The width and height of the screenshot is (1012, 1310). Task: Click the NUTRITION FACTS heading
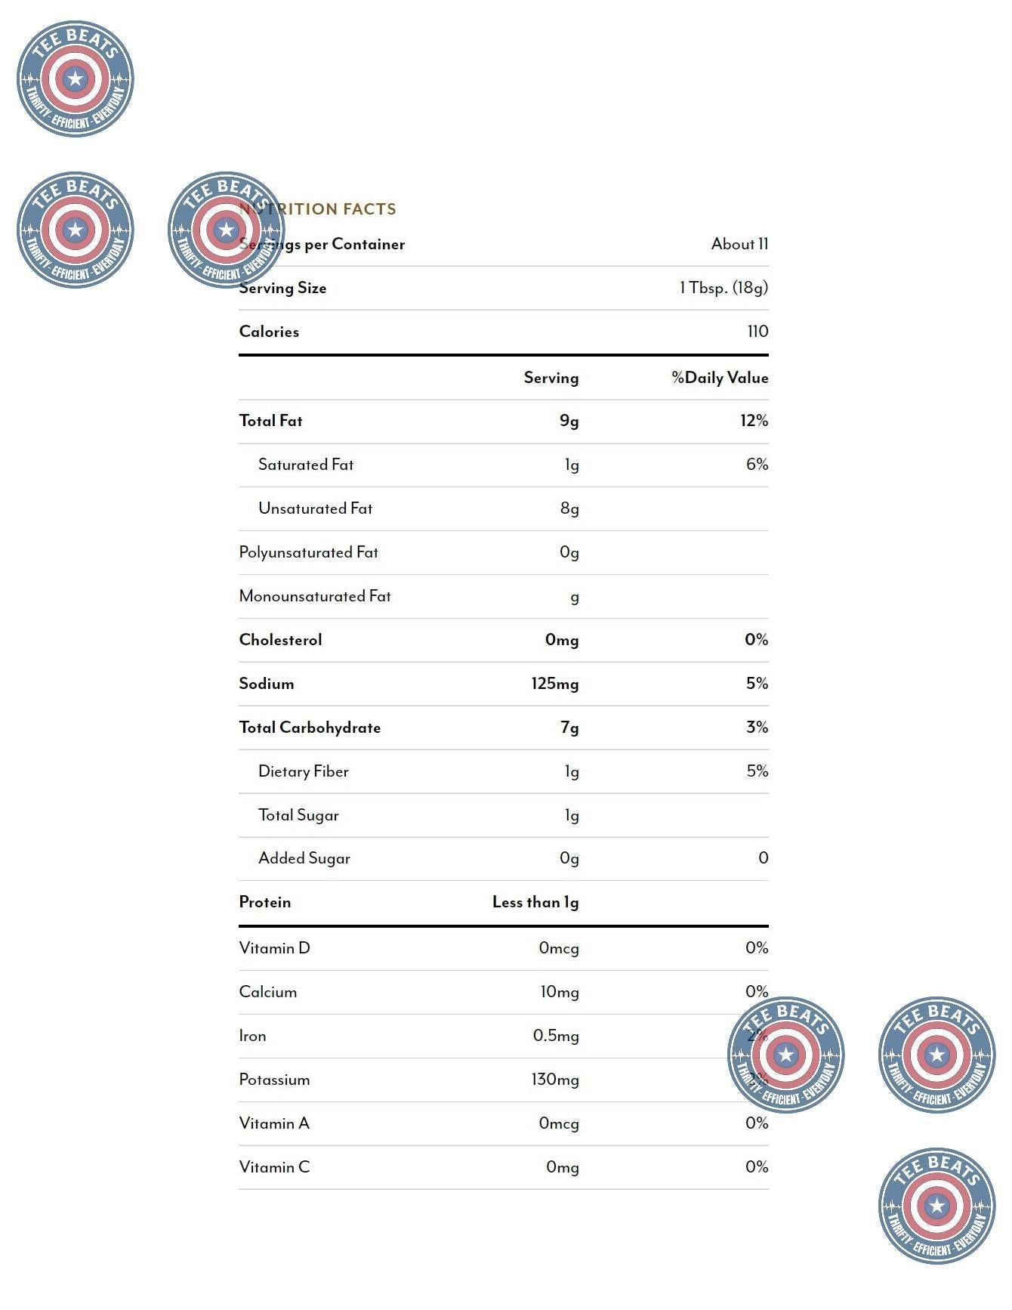click(x=318, y=209)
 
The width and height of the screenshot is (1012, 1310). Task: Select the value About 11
click(x=739, y=244)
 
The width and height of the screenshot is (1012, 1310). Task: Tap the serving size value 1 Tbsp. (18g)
click(x=724, y=288)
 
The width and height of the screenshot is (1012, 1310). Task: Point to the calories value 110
click(x=757, y=332)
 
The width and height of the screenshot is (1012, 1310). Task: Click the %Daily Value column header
click(x=720, y=378)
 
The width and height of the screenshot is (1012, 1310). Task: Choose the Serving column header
click(x=551, y=378)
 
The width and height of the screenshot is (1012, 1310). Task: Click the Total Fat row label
click(x=270, y=421)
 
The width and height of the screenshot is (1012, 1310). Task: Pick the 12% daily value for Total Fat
click(x=754, y=421)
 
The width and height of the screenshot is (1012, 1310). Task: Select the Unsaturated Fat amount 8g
click(x=569, y=508)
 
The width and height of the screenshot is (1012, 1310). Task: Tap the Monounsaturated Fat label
click(x=315, y=596)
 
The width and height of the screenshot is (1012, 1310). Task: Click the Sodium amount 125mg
click(x=555, y=684)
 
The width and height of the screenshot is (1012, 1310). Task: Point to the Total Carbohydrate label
click(x=310, y=728)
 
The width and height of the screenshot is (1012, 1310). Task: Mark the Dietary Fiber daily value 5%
click(x=757, y=771)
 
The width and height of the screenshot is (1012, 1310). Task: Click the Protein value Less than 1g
click(x=535, y=902)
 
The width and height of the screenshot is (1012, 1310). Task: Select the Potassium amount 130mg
click(x=555, y=1080)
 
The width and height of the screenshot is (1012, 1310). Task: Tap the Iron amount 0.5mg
click(x=556, y=1036)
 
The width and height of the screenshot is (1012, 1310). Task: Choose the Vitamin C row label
click(x=274, y=1167)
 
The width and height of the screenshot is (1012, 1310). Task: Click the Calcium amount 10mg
click(x=560, y=992)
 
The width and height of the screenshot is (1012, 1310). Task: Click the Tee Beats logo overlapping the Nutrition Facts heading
click(x=226, y=230)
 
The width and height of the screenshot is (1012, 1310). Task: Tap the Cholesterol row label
click(x=280, y=640)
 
